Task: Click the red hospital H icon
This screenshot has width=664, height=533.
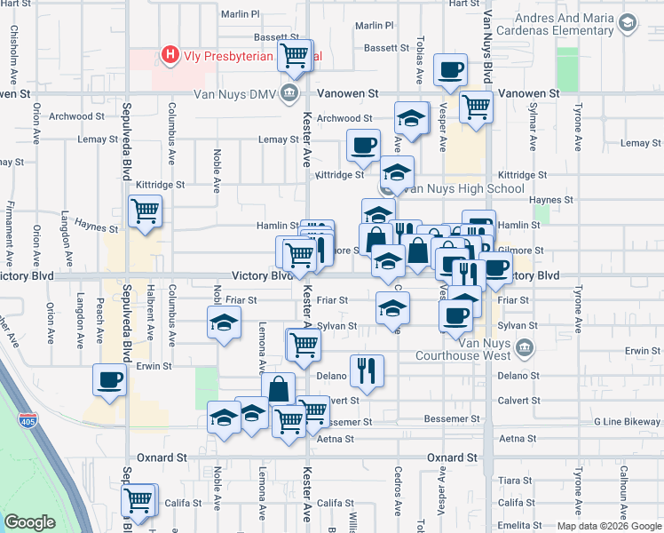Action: pyautogui.click(x=170, y=57)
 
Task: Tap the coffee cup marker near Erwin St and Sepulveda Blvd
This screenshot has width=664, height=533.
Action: pyautogui.click(x=110, y=379)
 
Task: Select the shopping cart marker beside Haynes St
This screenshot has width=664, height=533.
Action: pyautogui.click(x=145, y=211)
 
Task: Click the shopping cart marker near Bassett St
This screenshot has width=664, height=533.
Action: pyautogui.click(x=295, y=55)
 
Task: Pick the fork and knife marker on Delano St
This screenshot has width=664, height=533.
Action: pyautogui.click(x=367, y=370)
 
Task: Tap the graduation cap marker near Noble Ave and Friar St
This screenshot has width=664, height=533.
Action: pyautogui.click(x=225, y=322)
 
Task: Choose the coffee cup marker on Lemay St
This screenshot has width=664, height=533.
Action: pyautogui.click(x=362, y=145)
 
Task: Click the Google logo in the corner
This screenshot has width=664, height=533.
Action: pyautogui.click(x=29, y=522)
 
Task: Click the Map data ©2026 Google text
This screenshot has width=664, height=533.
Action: pyautogui.click(x=609, y=526)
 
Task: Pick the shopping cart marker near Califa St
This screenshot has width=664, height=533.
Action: pyautogui.click(x=139, y=500)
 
